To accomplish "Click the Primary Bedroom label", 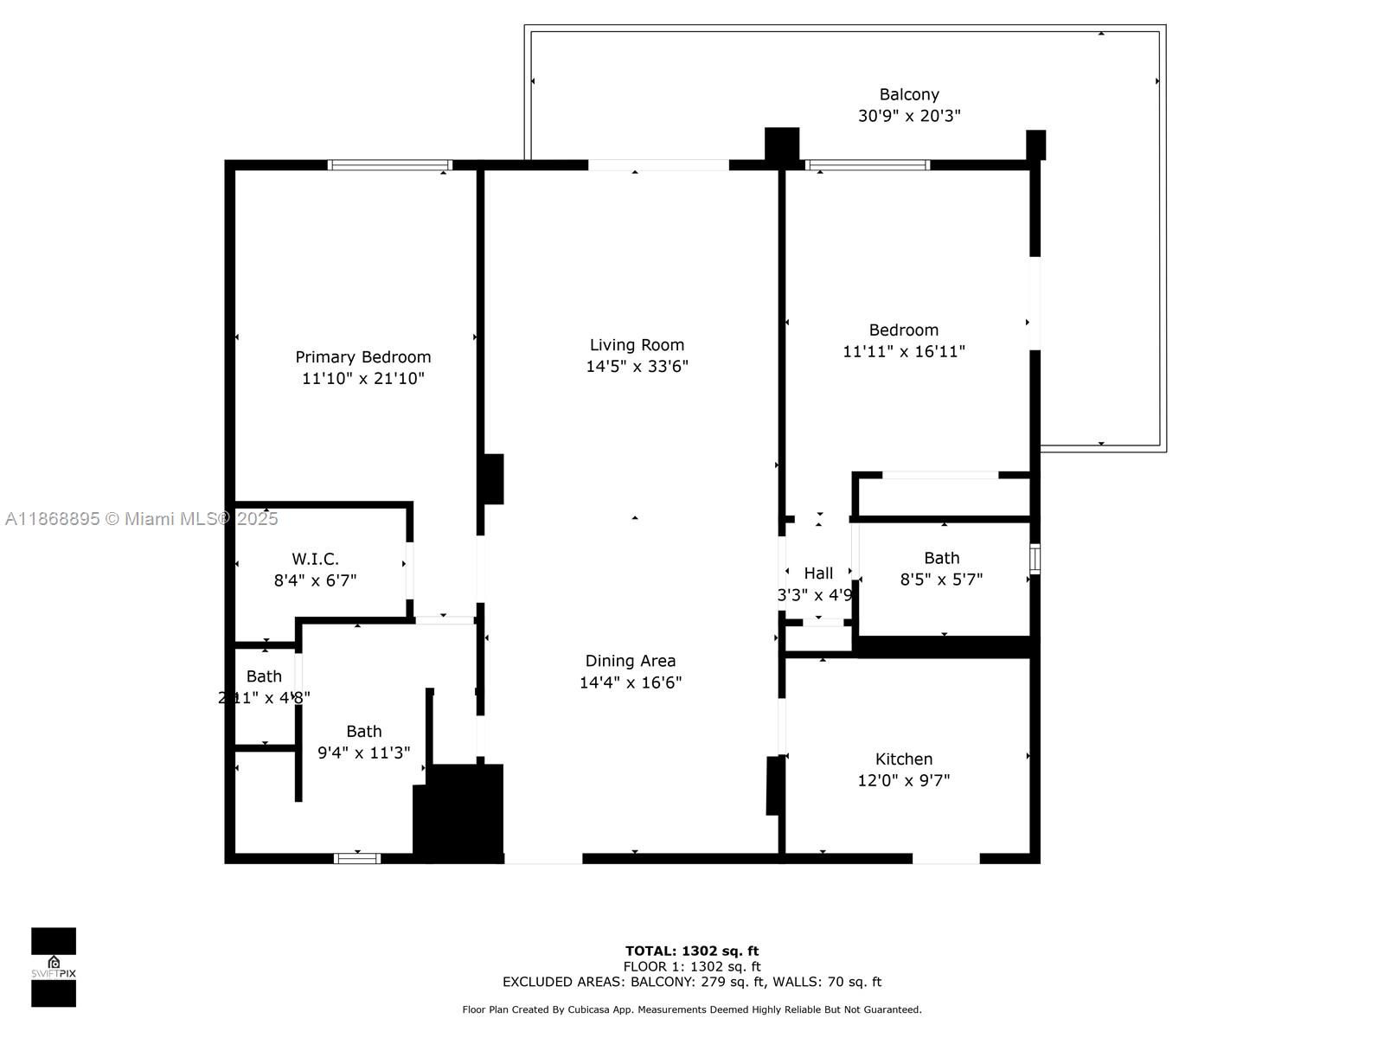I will click(x=362, y=357).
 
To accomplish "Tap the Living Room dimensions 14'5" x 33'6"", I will click(x=637, y=367).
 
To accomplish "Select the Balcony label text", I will click(x=909, y=94).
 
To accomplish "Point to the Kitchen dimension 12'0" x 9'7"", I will click(x=903, y=780).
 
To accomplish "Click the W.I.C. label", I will click(x=315, y=559).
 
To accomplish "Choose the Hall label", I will click(x=818, y=573).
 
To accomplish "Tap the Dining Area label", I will click(x=631, y=661).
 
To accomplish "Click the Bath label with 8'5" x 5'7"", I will click(x=941, y=558).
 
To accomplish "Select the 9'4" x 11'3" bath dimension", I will click(x=363, y=753).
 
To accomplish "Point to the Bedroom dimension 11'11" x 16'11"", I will click(x=904, y=351).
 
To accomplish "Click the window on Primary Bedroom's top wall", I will click(x=390, y=164).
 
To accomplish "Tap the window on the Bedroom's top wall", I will click(x=867, y=164).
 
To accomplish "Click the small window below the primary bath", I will click(x=357, y=858).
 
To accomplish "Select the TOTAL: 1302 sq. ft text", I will click(x=692, y=951).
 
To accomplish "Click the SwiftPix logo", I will click(x=54, y=967).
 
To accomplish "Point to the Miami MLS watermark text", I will click(x=142, y=519).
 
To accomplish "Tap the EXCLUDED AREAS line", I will click(x=692, y=982).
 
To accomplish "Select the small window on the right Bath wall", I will click(x=1035, y=559).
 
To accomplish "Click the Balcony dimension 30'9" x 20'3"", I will click(x=909, y=116).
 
